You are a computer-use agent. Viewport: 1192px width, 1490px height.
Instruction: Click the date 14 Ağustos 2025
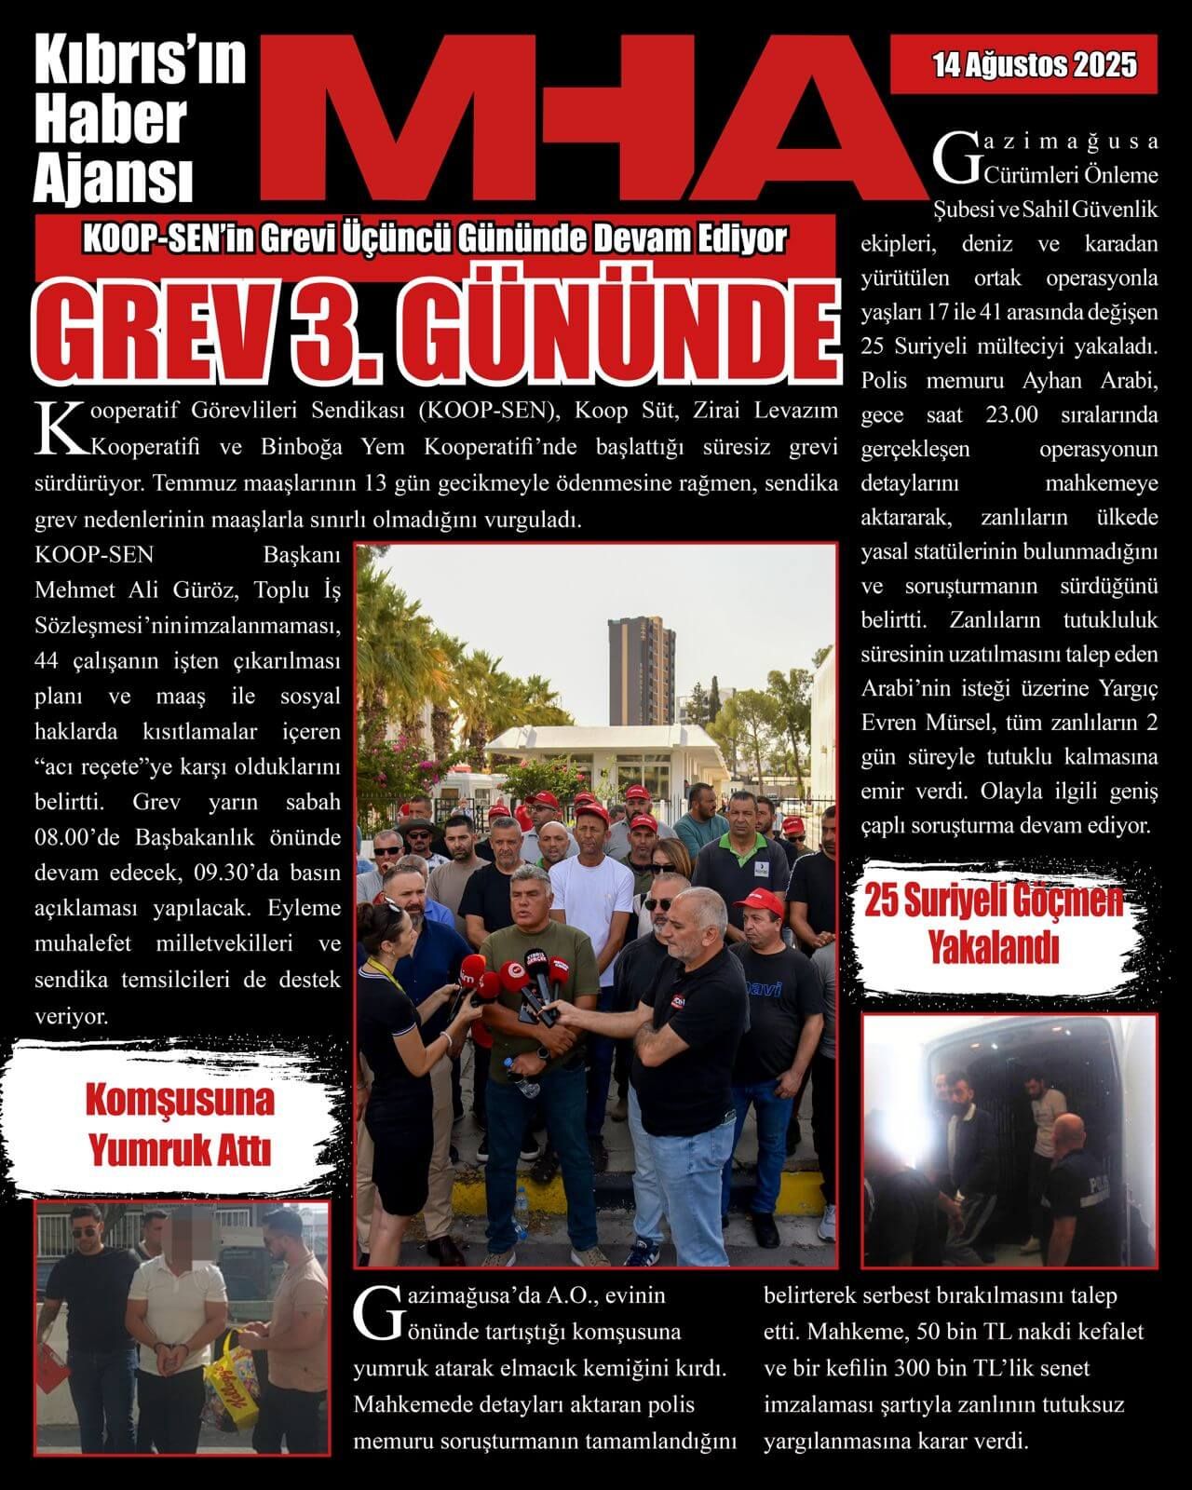point(1034,65)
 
